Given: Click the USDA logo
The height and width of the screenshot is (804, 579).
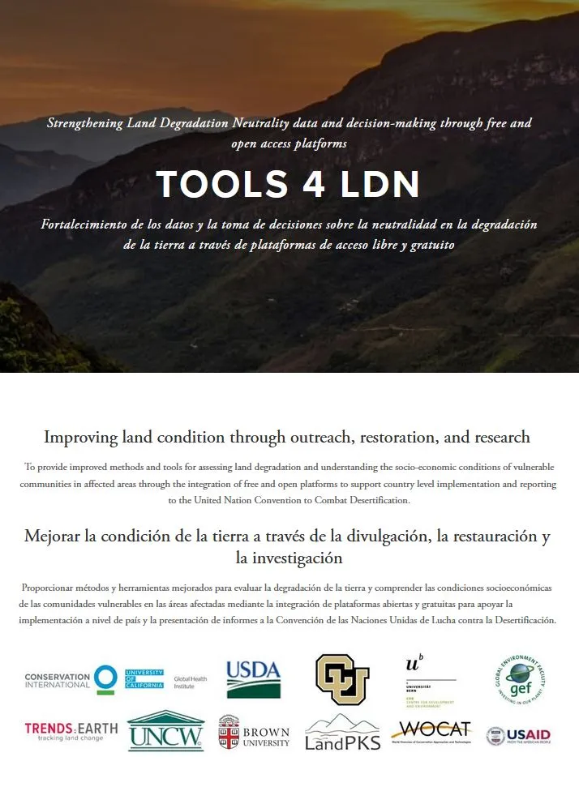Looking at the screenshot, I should pyautogui.click(x=253, y=679).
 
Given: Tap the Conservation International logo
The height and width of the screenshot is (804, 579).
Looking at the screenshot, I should pyautogui.click(x=71, y=679).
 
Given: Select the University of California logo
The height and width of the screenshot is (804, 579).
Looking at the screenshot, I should pyautogui.click(x=144, y=679).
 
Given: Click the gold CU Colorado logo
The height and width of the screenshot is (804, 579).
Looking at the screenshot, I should pyautogui.click(x=342, y=679).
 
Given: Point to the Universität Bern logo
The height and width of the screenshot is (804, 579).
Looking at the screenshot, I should pyautogui.click(x=431, y=679).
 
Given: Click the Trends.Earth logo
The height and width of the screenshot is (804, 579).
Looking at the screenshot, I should pyautogui.click(x=71, y=731).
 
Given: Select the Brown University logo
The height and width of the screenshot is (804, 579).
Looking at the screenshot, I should pyautogui.click(x=254, y=732).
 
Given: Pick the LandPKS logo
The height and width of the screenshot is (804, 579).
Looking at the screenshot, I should pyautogui.click(x=342, y=732).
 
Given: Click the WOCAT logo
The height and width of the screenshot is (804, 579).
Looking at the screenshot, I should pyautogui.click(x=431, y=731).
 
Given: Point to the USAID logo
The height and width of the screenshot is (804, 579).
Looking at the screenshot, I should pyautogui.click(x=518, y=736).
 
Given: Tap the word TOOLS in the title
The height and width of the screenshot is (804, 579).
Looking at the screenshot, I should pyautogui.click(x=208, y=185).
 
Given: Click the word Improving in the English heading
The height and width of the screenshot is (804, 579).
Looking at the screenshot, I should pyautogui.click(x=79, y=438).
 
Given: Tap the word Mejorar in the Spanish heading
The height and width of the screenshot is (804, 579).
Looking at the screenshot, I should pyautogui.click(x=55, y=536).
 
